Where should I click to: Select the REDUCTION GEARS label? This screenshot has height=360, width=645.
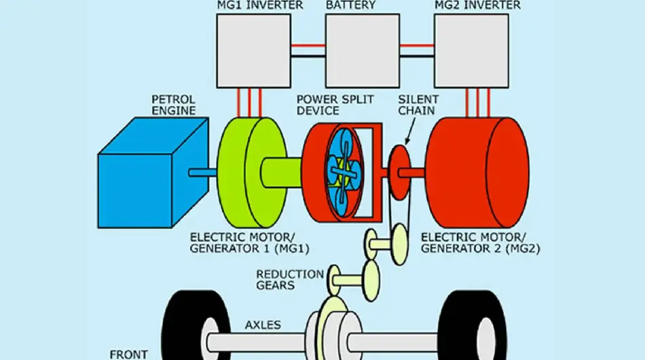pyautogui.click(x=289, y=279)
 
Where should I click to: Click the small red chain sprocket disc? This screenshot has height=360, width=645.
pyautogui.click(x=399, y=166)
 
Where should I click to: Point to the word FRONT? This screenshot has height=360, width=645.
pyautogui.click(x=128, y=354)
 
